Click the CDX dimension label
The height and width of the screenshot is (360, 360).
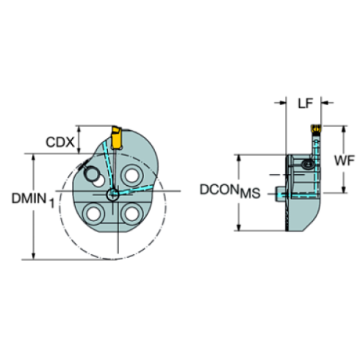pos(59,142)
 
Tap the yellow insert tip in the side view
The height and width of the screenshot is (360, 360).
pos(314,131)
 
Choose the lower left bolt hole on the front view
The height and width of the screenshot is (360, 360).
pos(93,214)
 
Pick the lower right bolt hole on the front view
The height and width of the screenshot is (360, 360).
pos(132,214)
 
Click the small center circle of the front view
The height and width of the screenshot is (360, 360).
pos(112,194)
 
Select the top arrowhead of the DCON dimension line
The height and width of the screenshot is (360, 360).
pos(237,157)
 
